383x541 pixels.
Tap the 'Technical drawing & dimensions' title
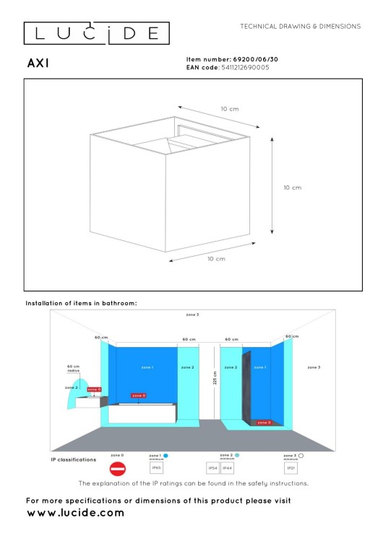(300, 26)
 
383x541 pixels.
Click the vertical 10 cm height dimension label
(292, 187)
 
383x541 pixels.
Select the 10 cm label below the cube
(216, 258)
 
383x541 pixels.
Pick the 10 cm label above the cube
(229, 109)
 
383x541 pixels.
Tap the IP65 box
(156, 468)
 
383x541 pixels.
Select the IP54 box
(212, 468)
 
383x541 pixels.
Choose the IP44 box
(227, 468)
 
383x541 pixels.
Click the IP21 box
(291, 468)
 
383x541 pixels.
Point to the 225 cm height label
(215, 379)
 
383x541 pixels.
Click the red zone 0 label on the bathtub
(138, 395)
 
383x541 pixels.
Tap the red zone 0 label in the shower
(264, 423)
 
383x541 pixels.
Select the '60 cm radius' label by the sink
(73, 368)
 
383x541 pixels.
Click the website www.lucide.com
(75, 513)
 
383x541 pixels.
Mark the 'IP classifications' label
(74, 459)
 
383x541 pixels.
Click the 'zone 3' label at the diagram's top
(212, 315)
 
